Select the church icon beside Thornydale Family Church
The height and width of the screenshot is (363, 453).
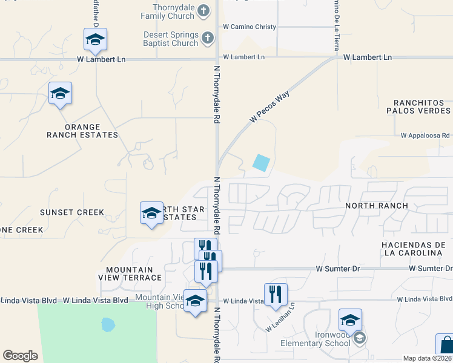204,10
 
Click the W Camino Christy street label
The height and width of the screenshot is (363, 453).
250,27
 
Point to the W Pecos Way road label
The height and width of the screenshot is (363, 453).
269,107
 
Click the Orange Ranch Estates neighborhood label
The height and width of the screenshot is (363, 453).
82,131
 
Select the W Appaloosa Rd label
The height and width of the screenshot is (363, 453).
425,136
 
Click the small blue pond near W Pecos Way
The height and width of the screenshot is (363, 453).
261,163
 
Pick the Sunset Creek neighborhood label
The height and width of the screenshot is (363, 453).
72,212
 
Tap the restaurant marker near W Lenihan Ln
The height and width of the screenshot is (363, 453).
276,295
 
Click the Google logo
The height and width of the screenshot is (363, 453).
20,356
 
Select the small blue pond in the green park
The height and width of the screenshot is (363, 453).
108,325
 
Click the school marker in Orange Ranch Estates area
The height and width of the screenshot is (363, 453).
60,94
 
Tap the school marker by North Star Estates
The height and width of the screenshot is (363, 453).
151,213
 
